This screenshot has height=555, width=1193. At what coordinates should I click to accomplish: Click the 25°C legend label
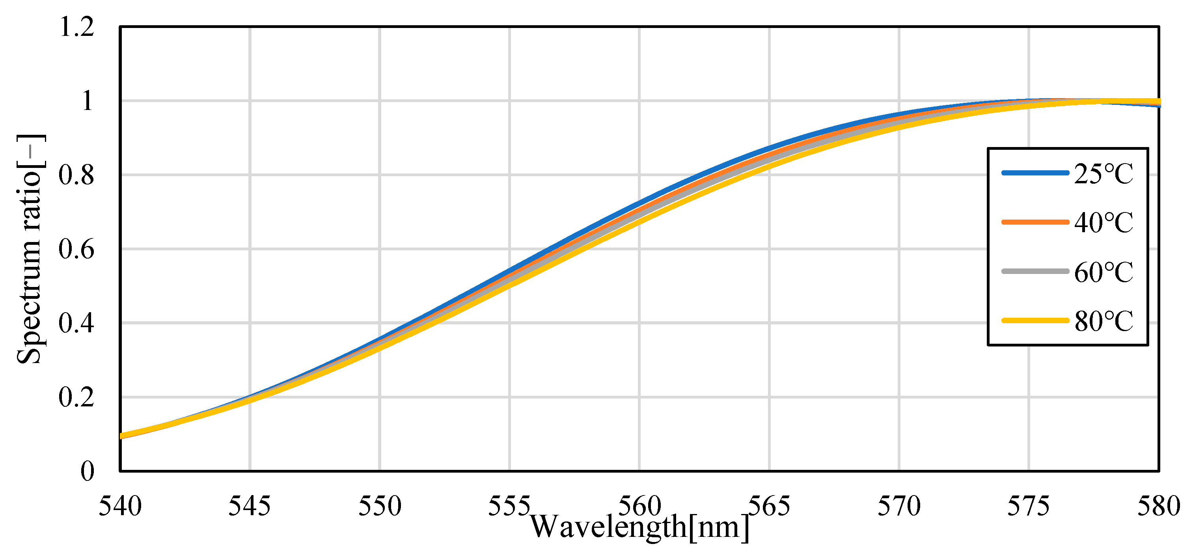click(1103, 175)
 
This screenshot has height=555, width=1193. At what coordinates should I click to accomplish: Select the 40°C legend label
click(1103, 223)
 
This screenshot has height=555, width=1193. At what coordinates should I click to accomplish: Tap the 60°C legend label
click(1103, 272)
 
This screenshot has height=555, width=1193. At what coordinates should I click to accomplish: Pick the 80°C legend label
click(1103, 321)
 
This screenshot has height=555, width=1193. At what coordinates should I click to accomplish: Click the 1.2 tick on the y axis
click(77, 27)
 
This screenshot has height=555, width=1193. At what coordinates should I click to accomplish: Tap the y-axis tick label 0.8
click(77, 175)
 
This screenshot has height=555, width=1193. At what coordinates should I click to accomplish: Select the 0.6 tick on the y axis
click(77, 250)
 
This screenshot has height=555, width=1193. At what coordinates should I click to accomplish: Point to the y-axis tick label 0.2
click(77, 398)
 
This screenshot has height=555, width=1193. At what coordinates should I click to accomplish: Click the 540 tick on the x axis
click(120, 507)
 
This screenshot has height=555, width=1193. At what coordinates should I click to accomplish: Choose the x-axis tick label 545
click(250, 507)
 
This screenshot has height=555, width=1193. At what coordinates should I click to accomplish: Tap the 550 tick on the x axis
click(380, 507)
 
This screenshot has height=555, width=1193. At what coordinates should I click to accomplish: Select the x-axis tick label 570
click(899, 507)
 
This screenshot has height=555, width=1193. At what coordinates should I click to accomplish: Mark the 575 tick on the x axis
click(1029, 507)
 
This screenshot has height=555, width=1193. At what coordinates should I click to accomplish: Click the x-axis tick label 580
click(1159, 507)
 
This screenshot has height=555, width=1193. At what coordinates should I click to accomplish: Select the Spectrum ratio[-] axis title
click(30, 249)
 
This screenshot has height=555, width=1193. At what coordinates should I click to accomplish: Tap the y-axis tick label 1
click(87, 101)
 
